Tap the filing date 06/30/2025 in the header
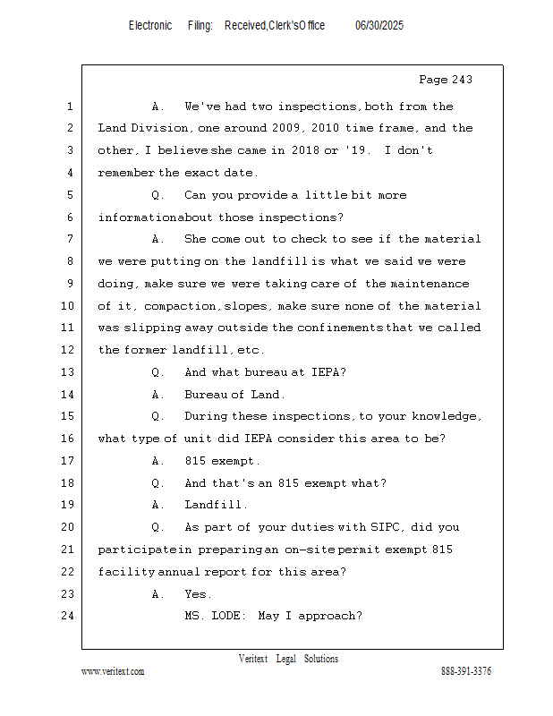coord(379,26)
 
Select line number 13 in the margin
coord(69,371)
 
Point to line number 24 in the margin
coord(69,616)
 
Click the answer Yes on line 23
coord(197,593)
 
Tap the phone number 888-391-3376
coord(466,671)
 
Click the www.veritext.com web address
coord(113,671)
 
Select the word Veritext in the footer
coord(252,659)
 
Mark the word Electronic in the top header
coord(149,26)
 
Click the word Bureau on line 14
coord(205,394)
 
